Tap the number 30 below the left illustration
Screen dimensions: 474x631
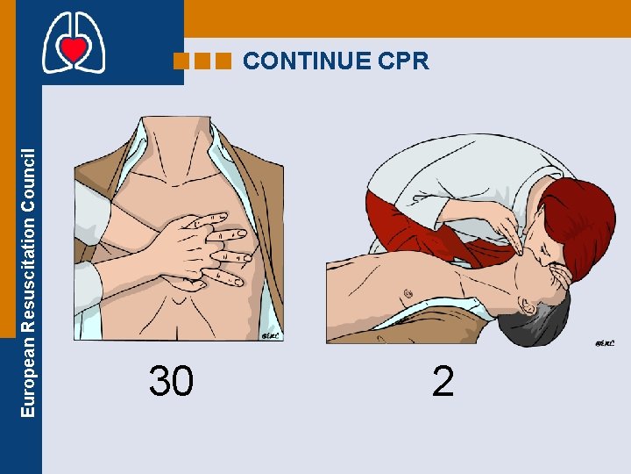tap(172, 382)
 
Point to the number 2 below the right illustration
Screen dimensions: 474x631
tap(443, 382)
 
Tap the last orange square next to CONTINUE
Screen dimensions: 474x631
tap(223, 61)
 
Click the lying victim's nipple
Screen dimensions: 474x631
tap(406, 292)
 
